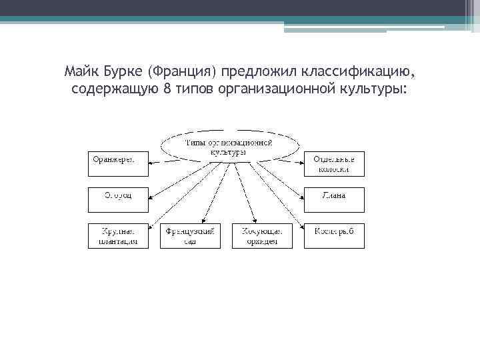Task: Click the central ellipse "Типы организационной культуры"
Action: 229,147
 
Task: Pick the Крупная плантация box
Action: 117,235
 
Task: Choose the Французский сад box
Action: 191,235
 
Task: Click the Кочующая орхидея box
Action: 263,235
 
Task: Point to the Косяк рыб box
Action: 335,235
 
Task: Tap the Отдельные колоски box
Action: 335,163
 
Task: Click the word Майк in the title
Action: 81,71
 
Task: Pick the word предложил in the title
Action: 259,71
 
